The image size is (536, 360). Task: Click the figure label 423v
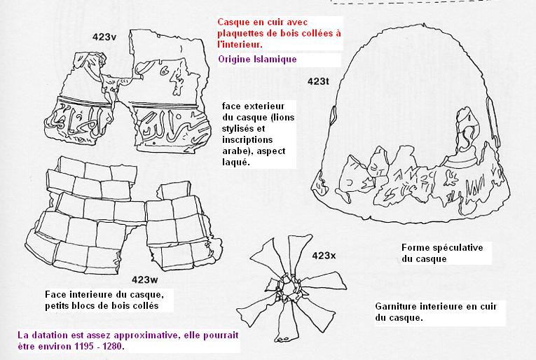pos(104,37)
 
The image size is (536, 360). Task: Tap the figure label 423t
pos(318,81)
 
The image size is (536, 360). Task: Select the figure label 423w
pos(145,280)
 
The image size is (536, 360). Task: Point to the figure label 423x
pos(324,256)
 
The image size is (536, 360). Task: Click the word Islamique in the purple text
pos(276,59)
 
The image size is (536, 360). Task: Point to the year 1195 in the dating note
pos(84,346)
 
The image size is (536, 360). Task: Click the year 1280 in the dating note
pos(113,346)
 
